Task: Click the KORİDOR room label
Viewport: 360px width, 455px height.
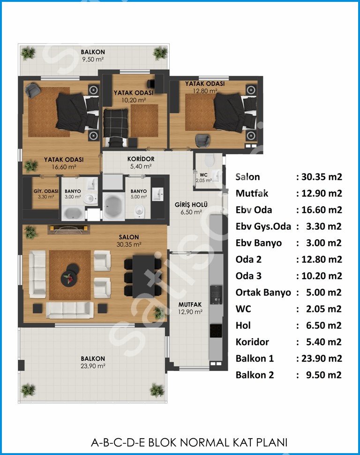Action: pyautogui.click(x=141, y=159)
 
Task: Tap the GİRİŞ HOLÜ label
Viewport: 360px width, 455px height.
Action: pyautogui.click(x=191, y=205)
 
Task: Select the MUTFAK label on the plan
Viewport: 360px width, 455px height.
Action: pyautogui.click(x=190, y=305)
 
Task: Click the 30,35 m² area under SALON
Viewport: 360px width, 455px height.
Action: pyautogui.click(x=129, y=244)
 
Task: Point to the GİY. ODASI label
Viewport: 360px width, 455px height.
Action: pyautogui.click(x=46, y=191)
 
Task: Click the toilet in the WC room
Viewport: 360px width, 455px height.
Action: pyautogui.click(x=209, y=159)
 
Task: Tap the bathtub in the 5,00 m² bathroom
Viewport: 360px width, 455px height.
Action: pyautogui.click(x=114, y=206)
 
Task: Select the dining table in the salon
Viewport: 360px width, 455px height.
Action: pyautogui.click(x=143, y=276)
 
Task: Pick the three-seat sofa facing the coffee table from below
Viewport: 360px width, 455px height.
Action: pyautogui.click(x=70, y=310)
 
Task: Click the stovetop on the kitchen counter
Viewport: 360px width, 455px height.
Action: pyautogui.click(x=216, y=331)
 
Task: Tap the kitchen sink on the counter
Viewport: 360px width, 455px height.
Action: pyautogui.click(x=216, y=295)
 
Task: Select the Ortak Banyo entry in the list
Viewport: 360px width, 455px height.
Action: pyautogui.click(x=263, y=293)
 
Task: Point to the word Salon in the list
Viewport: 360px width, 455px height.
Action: pyautogui.click(x=248, y=177)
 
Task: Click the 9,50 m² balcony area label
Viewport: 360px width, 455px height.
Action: pyautogui.click(x=93, y=60)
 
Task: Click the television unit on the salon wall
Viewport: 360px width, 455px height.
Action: pyautogui.click(x=69, y=229)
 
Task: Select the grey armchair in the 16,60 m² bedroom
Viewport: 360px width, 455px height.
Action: pyautogui.click(x=33, y=90)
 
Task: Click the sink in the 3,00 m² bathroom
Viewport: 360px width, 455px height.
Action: pyautogui.click(x=92, y=183)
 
